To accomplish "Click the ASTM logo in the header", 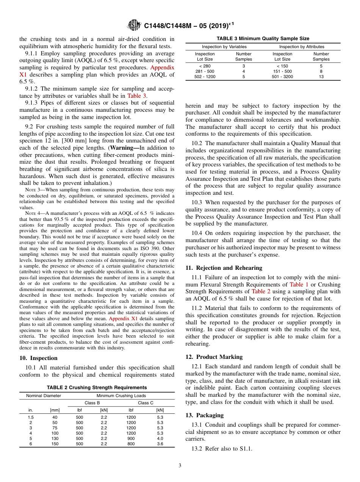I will pyautogui.click(x=135, y=25).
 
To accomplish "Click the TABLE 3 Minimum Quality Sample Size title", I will pyautogui.click(x=263, y=39).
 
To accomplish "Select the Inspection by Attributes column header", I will pyautogui.click(x=302, y=47).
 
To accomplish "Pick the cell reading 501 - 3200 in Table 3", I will pyautogui.click(x=282, y=77).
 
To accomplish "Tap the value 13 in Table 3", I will pyautogui.click(x=321, y=77).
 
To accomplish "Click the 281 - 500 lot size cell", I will pyautogui.click(x=205, y=71).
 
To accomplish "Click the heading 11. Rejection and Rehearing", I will pyautogui.click(x=224, y=268).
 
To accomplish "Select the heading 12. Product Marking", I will pyautogui.click(x=214, y=357).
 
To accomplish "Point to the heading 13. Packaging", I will pyautogui.click(x=205, y=415).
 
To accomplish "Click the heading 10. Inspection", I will pyautogui.click(x=39, y=358).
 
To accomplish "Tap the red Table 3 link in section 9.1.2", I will pyautogui.click(x=136, y=96).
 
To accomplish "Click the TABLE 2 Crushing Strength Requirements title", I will pyautogui.click(x=97, y=388).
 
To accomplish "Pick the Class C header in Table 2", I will pyautogui.click(x=146, y=403).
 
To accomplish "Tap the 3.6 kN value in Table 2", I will pyautogui.click(x=160, y=444).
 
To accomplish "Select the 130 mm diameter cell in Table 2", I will pyautogui.click(x=55, y=438).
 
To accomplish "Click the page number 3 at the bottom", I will pyautogui.click(x=180, y=466).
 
